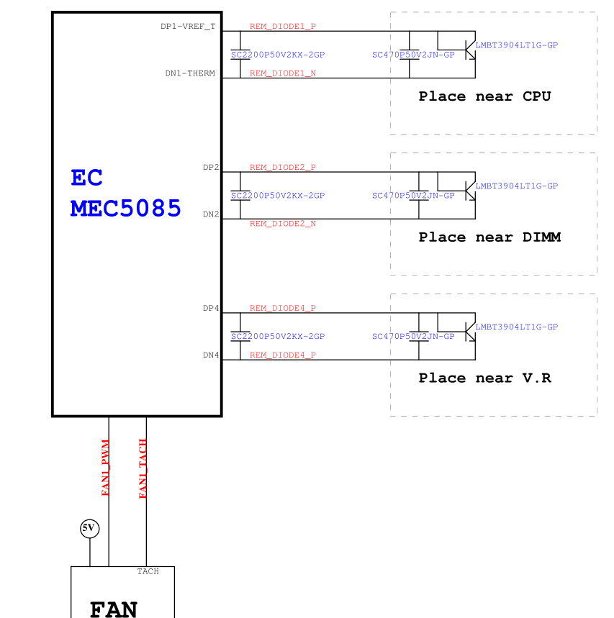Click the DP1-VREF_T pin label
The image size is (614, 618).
click(x=188, y=27)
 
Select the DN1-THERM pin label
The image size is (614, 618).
click(x=190, y=73)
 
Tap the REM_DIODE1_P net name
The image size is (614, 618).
click(x=283, y=27)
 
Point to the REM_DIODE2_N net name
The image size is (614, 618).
click(x=283, y=224)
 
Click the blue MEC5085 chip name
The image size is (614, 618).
click(x=126, y=209)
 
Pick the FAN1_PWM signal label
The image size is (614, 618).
click(x=106, y=468)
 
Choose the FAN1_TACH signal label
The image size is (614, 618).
click(x=143, y=468)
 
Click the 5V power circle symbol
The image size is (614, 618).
click(x=89, y=529)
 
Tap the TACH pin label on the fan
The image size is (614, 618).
click(x=148, y=571)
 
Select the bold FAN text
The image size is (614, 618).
click(x=114, y=609)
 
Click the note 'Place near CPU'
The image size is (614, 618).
click(x=484, y=96)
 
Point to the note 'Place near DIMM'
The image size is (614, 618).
click(x=489, y=237)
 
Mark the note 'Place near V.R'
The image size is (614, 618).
click(x=485, y=378)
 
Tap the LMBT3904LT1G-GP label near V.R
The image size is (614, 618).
click(x=517, y=327)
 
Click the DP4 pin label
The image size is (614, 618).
click(x=211, y=309)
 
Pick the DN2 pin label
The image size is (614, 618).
click(x=211, y=214)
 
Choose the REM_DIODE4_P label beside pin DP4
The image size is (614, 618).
click(x=283, y=309)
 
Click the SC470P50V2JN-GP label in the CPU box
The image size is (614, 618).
click(x=413, y=55)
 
